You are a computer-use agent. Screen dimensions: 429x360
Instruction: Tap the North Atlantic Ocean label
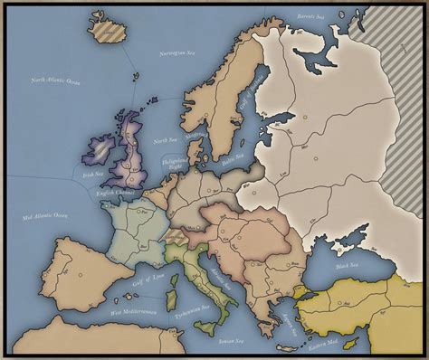click(56, 83)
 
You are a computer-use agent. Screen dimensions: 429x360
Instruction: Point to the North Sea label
click(164, 141)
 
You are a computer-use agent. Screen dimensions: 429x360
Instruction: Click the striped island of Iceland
click(108, 30)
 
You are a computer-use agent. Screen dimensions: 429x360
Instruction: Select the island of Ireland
click(99, 155)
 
